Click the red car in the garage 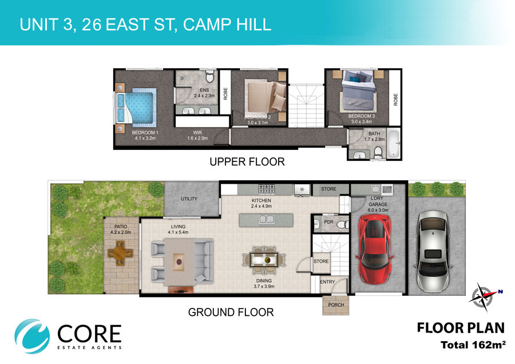tap(375, 249)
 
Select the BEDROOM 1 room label tap(145, 132)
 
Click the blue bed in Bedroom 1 tap(135, 108)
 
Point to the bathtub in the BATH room tap(394, 144)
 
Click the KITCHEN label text tap(262, 200)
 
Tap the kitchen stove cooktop tap(266, 189)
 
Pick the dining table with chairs tap(264, 260)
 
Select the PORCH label tap(336, 305)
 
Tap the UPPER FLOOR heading tap(247, 161)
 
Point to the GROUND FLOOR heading tap(231, 312)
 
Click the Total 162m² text tap(473, 345)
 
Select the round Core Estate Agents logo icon tap(32, 336)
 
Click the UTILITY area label tap(189, 199)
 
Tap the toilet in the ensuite tap(209, 77)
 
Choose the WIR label tap(197, 132)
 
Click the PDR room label tap(329, 222)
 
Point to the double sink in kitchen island tap(266, 219)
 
